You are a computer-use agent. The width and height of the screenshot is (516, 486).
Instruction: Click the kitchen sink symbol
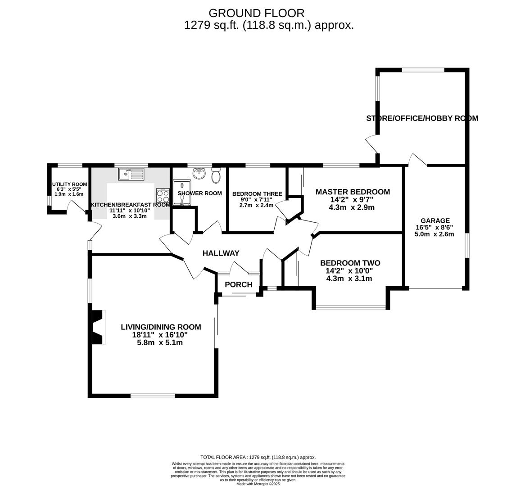click(131, 174)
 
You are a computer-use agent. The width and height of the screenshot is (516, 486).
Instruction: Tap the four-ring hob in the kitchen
click(163, 195)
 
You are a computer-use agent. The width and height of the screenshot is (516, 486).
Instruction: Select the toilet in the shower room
click(216, 175)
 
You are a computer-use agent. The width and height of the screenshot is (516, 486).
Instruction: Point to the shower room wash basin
click(199, 173)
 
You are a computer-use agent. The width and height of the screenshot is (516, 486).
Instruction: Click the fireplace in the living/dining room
click(98, 327)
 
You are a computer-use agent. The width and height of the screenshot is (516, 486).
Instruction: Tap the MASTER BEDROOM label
click(353, 192)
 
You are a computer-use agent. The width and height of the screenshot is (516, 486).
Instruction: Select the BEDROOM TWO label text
click(350, 263)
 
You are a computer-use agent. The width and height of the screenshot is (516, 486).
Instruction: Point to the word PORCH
click(238, 284)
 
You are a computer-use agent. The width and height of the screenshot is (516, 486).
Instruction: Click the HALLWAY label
click(221, 253)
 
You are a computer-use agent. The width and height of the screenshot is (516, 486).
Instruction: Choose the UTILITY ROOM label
click(69, 184)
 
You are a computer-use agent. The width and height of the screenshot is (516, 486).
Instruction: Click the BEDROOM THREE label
click(257, 194)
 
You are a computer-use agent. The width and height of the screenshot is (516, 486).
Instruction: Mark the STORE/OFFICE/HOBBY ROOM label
click(422, 118)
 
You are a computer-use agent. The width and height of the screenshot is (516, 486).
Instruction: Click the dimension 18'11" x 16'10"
click(160, 335)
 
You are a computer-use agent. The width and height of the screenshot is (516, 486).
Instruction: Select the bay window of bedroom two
click(351, 308)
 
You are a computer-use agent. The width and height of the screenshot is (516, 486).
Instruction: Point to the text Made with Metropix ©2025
click(258, 484)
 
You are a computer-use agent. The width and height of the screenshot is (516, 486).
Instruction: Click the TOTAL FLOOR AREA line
click(258, 457)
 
